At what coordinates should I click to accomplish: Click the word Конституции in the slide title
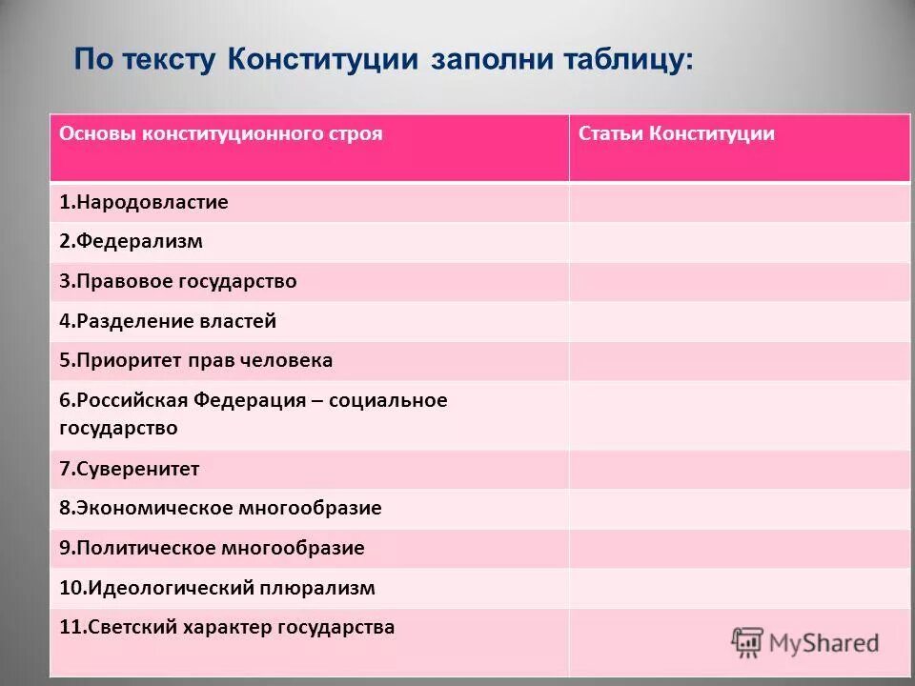click(323, 59)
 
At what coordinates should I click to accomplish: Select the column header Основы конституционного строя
click(220, 134)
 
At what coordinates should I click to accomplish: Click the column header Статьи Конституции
click(676, 134)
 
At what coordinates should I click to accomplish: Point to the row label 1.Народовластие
click(144, 203)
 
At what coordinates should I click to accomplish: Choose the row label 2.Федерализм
click(131, 242)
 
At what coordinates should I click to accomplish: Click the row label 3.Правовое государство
click(177, 282)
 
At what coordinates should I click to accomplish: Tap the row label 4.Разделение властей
click(168, 322)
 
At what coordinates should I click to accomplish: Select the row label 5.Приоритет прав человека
click(195, 361)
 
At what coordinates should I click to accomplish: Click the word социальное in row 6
click(389, 400)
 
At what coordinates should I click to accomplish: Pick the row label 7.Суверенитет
click(129, 469)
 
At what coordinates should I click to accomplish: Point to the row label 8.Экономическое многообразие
click(220, 509)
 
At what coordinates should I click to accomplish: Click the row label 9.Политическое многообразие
click(212, 549)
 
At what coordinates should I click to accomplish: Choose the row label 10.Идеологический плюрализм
click(216, 589)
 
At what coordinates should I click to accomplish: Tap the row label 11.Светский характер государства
click(227, 628)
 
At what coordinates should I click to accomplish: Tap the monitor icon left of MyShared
click(748, 643)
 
